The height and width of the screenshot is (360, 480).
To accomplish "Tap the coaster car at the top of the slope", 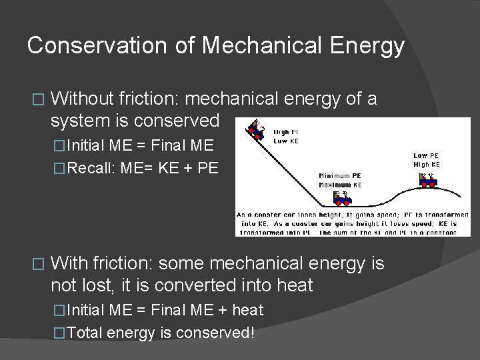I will coord(255,128).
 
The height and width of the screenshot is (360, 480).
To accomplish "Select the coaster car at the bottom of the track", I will coord(342,198).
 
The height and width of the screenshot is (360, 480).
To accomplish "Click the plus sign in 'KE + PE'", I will coord(182,167).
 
